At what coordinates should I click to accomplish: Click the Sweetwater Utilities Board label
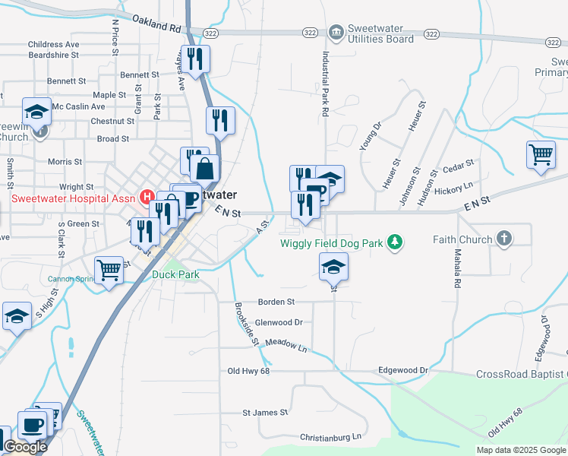380,33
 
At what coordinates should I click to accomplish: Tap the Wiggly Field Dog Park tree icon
394,242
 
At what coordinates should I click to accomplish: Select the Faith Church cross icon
503,239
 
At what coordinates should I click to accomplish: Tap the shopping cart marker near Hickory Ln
541,154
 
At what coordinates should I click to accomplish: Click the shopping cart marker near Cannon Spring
109,269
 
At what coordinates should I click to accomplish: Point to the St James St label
265,413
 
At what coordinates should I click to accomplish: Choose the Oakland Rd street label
156,23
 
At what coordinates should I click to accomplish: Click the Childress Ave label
54,45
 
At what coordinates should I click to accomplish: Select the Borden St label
276,302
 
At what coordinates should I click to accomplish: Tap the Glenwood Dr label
279,322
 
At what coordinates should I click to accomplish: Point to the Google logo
24,447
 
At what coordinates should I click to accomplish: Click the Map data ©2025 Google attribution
520,450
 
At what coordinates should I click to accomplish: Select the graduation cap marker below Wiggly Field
333,267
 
